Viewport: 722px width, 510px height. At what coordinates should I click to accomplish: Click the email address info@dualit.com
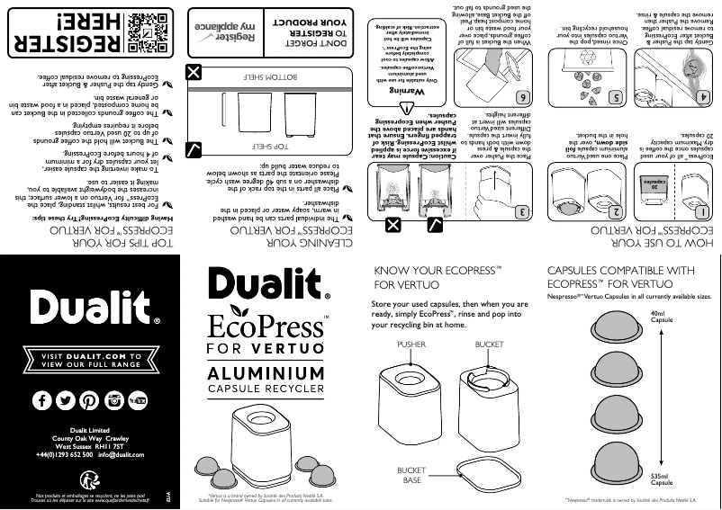click(130, 456)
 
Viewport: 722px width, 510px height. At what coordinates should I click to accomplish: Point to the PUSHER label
click(411, 344)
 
